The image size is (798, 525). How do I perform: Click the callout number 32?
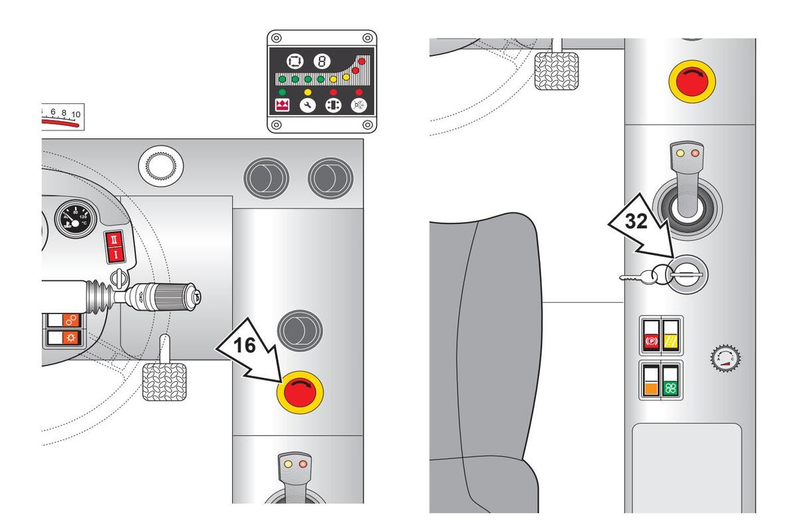(x=636, y=222)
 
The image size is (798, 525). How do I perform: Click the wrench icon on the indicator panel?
(x=307, y=106)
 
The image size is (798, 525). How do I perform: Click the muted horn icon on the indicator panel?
(x=359, y=106)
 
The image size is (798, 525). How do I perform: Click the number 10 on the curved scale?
(x=75, y=114)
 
